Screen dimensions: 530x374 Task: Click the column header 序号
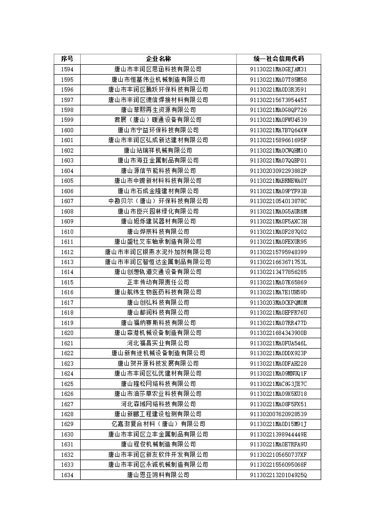pyautogui.click(x=67, y=59)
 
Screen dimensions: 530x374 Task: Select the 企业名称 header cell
pyautogui.click(x=158, y=59)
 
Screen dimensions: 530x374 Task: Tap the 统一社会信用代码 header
pyautogui.click(x=278, y=59)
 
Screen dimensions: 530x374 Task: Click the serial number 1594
pyautogui.click(x=67, y=69)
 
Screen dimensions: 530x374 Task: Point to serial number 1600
pyautogui.click(x=67, y=130)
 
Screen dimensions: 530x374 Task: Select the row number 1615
pyautogui.click(x=67, y=282)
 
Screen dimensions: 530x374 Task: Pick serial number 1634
pyautogui.click(x=67, y=475)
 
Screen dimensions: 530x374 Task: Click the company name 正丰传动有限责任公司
pyautogui.click(x=158, y=282)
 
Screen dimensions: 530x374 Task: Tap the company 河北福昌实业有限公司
pyautogui.click(x=158, y=343)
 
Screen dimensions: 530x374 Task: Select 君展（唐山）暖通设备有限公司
pyautogui.click(x=158, y=120)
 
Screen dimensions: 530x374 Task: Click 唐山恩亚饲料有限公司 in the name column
pyautogui.click(x=158, y=475)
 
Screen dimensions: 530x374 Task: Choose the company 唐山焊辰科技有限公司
pyautogui.click(x=158, y=231)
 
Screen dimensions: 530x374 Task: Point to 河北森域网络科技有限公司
pyautogui.click(x=158, y=404)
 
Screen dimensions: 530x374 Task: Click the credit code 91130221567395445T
pyautogui.click(x=278, y=100)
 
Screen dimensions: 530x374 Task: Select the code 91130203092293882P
pyautogui.click(x=278, y=171)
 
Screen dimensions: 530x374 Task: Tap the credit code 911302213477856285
pyautogui.click(x=278, y=272)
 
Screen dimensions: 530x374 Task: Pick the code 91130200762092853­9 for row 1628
pyautogui.click(x=278, y=414)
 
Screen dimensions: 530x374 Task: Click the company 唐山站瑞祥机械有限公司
pyautogui.click(x=158, y=150)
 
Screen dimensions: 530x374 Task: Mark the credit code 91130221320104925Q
pyautogui.click(x=278, y=475)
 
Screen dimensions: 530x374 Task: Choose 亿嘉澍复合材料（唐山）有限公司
pyautogui.click(x=158, y=424)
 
